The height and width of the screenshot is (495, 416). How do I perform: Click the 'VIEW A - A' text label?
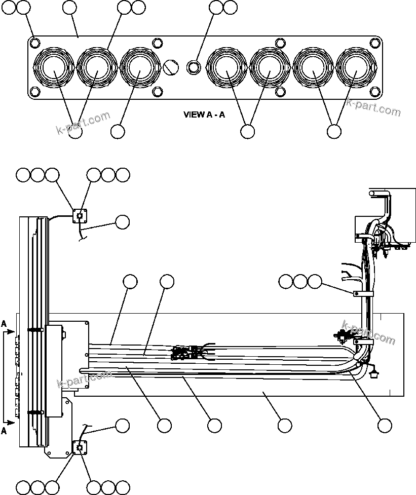[204, 115]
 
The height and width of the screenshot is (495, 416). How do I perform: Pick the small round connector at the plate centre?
[193, 67]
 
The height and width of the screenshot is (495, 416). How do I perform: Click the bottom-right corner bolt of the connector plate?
[375, 92]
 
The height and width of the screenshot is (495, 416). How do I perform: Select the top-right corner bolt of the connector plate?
[375, 43]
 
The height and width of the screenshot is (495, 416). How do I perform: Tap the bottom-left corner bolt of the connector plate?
[34, 92]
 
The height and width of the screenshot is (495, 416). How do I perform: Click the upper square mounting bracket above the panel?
[79, 216]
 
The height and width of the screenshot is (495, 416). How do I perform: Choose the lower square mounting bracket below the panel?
[80, 448]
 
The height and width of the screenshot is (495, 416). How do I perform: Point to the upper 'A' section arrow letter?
[4, 323]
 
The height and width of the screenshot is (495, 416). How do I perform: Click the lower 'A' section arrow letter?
[4, 431]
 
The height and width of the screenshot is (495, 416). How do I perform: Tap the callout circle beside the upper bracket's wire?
[122, 221]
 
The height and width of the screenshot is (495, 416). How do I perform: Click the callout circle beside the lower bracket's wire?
[122, 426]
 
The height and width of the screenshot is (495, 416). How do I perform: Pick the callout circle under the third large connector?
[118, 131]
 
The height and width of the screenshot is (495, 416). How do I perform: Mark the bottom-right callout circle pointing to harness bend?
[385, 426]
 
